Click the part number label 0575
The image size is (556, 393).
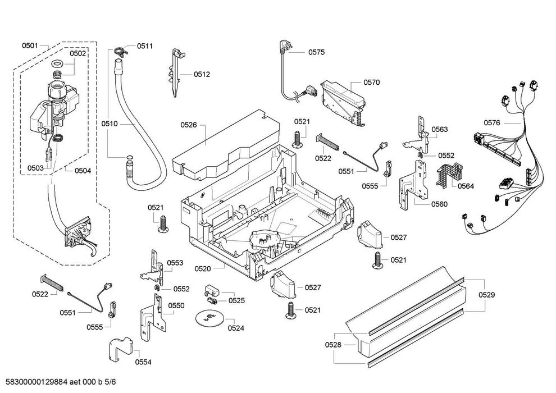coord(316,52)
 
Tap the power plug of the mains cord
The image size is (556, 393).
coord(284,46)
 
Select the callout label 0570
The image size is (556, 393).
coord(371,82)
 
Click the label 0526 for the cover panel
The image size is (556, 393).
coord(189,125)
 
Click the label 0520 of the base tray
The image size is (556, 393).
coord(203,268)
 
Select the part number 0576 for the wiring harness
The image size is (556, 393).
coord(492,122)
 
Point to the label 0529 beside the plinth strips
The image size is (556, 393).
coord(486,295)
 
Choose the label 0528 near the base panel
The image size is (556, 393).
coord(333,345)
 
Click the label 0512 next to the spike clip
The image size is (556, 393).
coord(202,74)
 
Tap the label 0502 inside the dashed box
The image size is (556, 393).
coord(78,53)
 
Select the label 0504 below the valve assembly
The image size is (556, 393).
coord(83,171)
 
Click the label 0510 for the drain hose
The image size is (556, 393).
coord(109,124)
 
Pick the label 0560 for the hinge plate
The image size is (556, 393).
coord(439,204)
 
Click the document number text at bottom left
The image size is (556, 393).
coord(58,382)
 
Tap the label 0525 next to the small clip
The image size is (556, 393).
coord(236,300)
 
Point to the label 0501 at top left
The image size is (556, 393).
coord(30,45)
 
